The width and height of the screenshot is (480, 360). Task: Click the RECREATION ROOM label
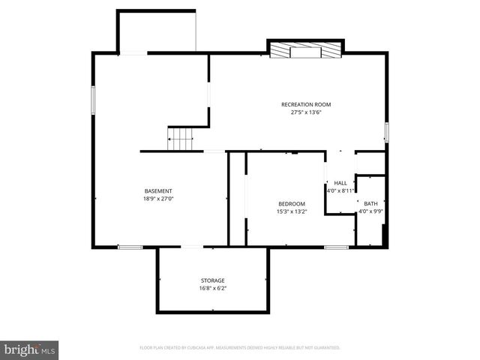click(305, 104)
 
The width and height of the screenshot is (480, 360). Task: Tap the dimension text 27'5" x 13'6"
click(305, 112)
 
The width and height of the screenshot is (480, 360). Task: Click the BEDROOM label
click(291, 204)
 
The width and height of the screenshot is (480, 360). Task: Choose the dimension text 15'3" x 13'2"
click(291, 211)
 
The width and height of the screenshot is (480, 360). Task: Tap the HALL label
click(340, 183)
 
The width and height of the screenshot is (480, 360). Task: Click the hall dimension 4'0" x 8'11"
click(340, 190)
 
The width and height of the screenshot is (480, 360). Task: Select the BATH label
click(371, 203)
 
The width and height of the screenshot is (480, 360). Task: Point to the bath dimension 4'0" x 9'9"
click(371, 211)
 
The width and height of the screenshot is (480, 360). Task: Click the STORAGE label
click(212, 280)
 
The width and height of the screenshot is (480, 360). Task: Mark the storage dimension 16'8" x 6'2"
click(212, 288)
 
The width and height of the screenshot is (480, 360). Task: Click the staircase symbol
click(180, 139)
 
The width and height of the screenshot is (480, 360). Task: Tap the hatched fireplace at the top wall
click(305, 50)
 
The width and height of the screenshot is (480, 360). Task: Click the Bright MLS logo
click(30, 349)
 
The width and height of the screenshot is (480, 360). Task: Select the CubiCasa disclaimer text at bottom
click(240, 348)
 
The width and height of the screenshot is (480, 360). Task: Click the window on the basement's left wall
click(93, 100)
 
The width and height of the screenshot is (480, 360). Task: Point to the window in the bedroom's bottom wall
click(336, 247)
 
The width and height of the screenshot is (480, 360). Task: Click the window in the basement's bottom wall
click(130, 247)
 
